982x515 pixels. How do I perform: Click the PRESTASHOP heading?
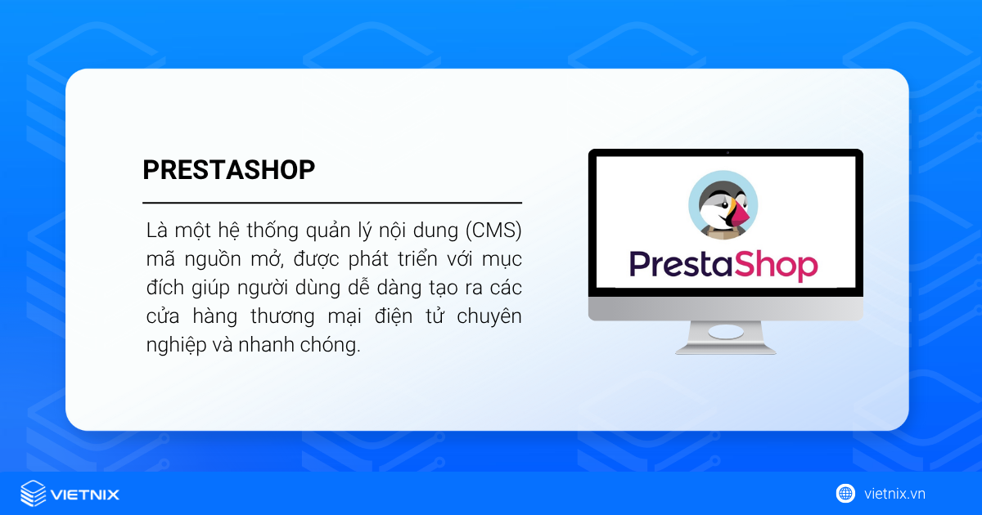(228, 169)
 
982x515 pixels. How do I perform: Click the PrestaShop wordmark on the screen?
(723, 265)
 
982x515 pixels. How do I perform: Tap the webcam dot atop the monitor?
(726, 153)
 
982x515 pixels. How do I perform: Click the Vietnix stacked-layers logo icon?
(34, 494)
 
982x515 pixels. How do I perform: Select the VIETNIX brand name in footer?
(84, 495)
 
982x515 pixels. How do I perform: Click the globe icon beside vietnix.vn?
(845, 494)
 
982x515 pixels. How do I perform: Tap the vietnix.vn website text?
(894, 494)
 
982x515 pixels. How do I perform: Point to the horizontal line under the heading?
(332, 202)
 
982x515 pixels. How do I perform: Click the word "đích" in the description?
(162, 288)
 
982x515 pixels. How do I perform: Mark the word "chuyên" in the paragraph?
(491, 316)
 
